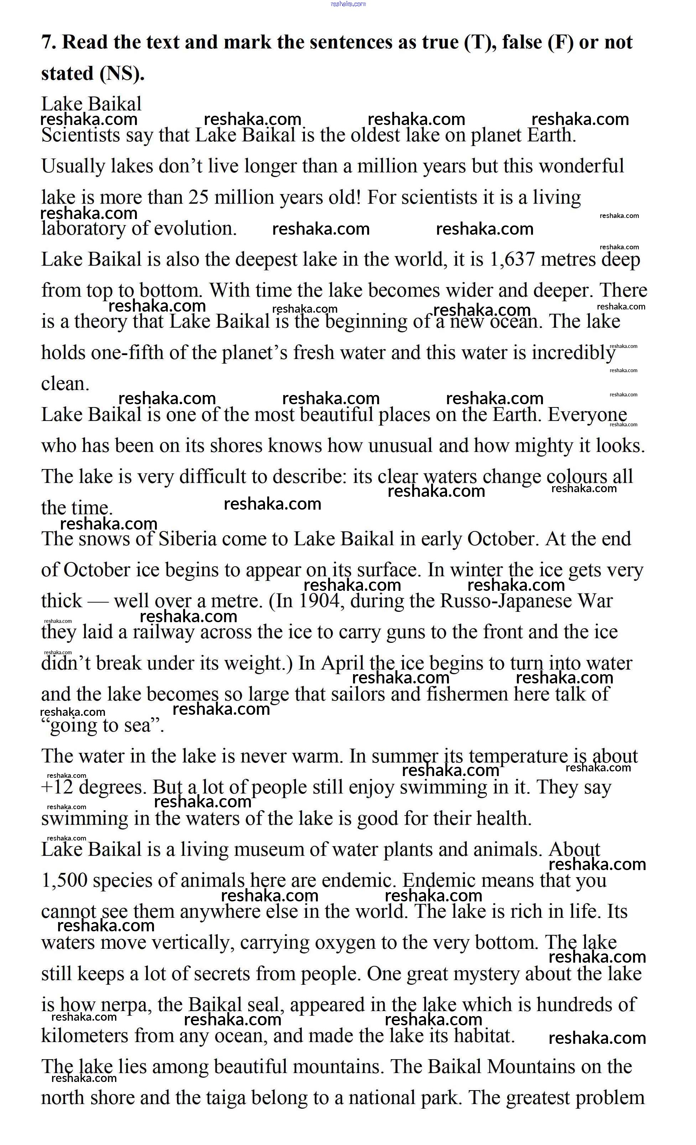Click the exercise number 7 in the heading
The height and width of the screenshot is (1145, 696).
click(x=46, y=42)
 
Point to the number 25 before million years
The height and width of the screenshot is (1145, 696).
click(x=198, y=198)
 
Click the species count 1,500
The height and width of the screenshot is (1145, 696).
click(x=64, y=881)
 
